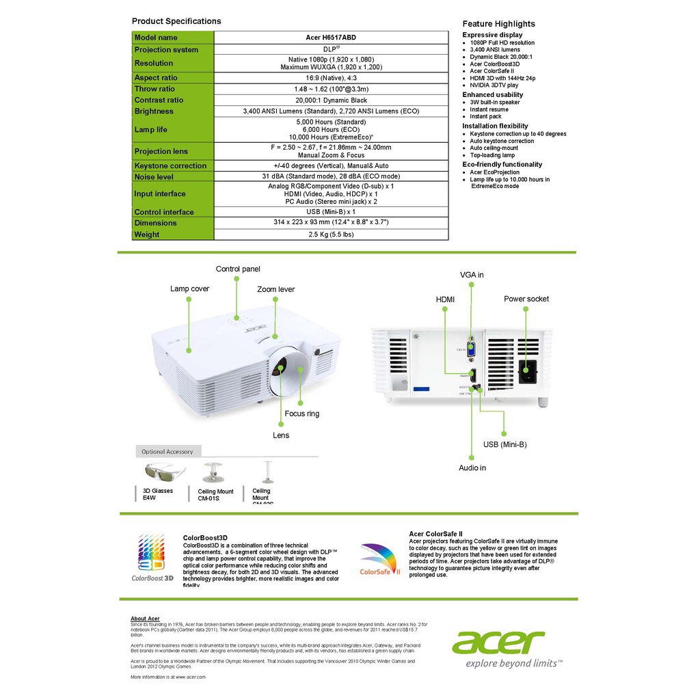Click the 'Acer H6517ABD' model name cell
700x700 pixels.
click(331, 38)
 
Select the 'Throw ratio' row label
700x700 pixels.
click(154, 89)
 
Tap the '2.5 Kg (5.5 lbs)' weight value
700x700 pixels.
click(331, 234)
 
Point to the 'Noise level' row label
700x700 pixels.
click(154, 177)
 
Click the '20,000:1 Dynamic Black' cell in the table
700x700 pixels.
click(331, 100)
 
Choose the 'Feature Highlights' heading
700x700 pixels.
click(498, 24)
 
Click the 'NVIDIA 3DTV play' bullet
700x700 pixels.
click(494, 85)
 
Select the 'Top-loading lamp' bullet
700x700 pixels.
click(492, 155)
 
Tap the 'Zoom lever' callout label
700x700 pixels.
click(275, 290)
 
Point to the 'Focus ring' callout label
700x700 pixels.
click(301, 414)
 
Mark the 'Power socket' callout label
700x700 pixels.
click(526, 299)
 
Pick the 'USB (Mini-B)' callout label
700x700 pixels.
click(504, 444)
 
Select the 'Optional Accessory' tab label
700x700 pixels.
click(167, 452)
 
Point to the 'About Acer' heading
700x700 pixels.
click(145, 619)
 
